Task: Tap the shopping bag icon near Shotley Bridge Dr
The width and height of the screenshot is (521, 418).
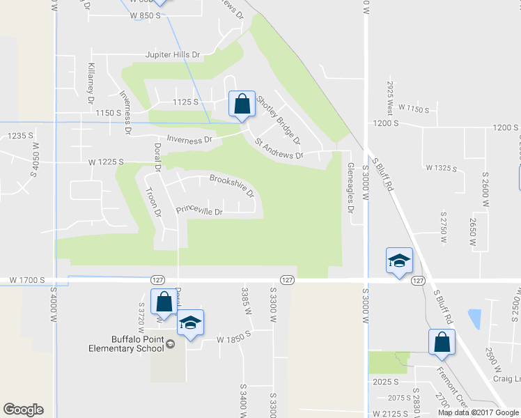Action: [242, 104]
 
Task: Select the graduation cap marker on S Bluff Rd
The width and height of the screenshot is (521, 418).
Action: [400, 261]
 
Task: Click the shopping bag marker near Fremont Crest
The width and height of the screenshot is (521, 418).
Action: [442, 342]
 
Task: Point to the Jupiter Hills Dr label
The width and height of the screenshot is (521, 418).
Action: [172, 54]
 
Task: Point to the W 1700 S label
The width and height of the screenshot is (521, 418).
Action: [27, 280]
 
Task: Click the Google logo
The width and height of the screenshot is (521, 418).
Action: [23, 410]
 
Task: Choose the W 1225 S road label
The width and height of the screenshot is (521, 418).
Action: [106, 162]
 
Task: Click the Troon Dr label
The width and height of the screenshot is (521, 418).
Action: [152, 202]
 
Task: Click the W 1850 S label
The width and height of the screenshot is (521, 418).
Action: [233, 339]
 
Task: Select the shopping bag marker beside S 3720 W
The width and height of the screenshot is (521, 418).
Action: [164, 302]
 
